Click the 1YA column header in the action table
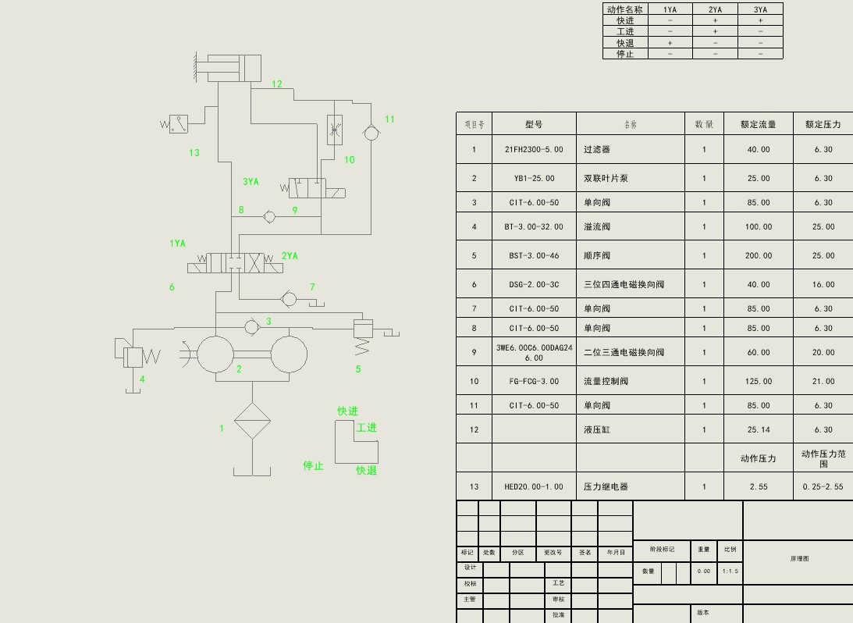[x=670, y=9]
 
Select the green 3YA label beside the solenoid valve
[x=251, y=182]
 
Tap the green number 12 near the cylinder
[x=277, y=84]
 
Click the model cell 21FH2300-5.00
[x=534, y=149]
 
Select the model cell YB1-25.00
[x=534, y=178]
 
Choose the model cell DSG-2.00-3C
[x=534, y=285]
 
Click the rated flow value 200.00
[x=757, y=255]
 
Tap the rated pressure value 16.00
[x=823, y=285]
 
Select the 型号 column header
[x=534, y=124]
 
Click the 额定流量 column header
[x=758, y=124]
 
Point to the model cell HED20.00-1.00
[x=534, y=486]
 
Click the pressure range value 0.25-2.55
[x=823, y=486]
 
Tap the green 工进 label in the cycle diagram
[x=367, y=428]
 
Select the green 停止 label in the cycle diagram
[x=314, y=465]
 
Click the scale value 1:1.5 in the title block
[x=730, y=571]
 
